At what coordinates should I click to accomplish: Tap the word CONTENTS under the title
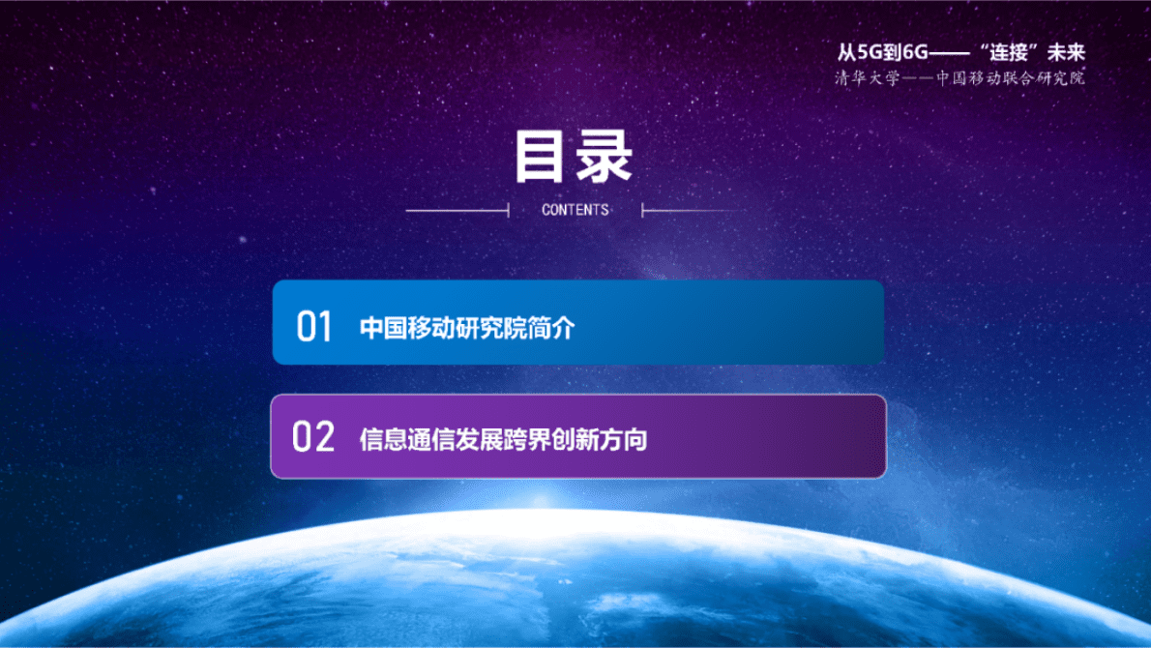575,210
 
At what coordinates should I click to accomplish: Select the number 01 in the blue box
314,327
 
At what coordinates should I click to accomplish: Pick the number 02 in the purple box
313,437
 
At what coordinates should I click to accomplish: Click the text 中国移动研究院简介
467,328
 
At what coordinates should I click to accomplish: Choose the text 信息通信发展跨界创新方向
503,439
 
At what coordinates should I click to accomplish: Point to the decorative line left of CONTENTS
457,210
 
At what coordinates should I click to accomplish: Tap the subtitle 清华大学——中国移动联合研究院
960,78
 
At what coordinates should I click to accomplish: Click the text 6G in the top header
914,54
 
